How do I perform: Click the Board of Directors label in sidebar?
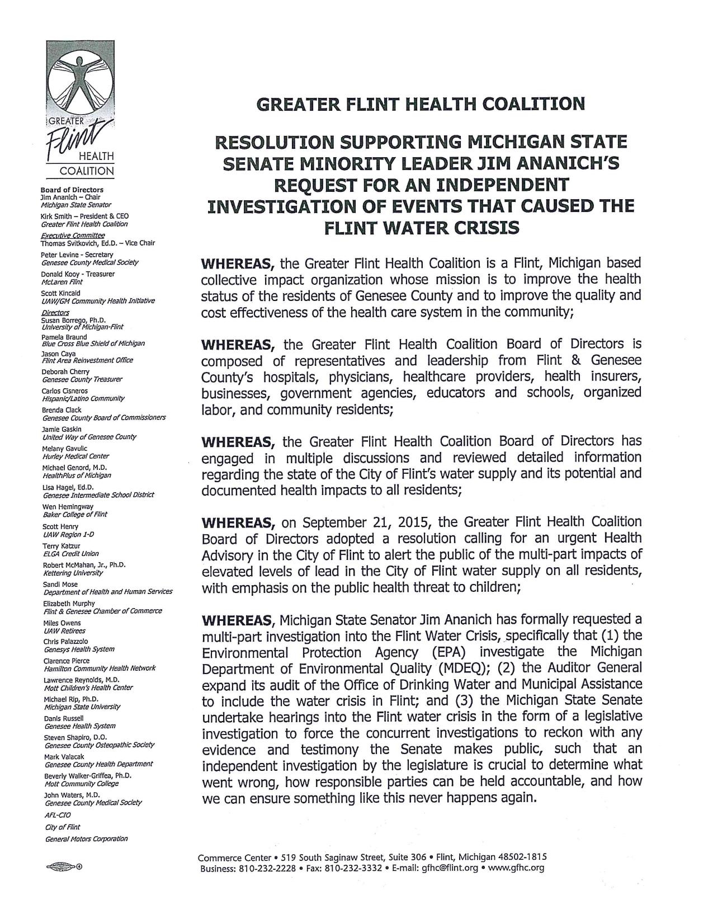[x=72, y=190]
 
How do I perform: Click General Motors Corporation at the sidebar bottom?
[x=86, y=839]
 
